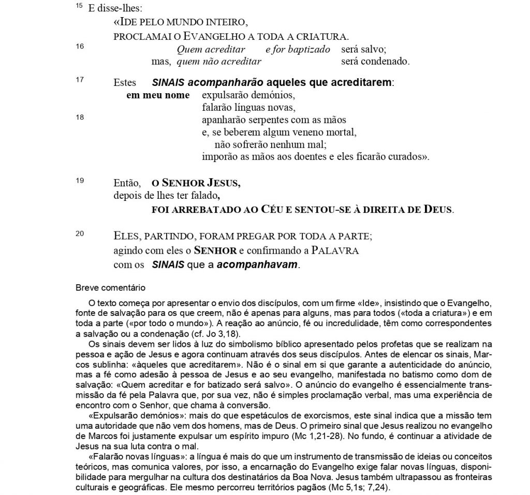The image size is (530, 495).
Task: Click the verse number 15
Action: point(78,7)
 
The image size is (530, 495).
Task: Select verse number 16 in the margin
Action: point(80,46)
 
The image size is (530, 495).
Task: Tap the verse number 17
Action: point(80,80)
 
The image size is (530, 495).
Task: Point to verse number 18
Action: point(80,117)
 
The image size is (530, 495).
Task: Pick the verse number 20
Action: point(80,234)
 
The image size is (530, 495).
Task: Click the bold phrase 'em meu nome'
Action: point(158,95)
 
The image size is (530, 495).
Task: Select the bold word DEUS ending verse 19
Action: point(437,210)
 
